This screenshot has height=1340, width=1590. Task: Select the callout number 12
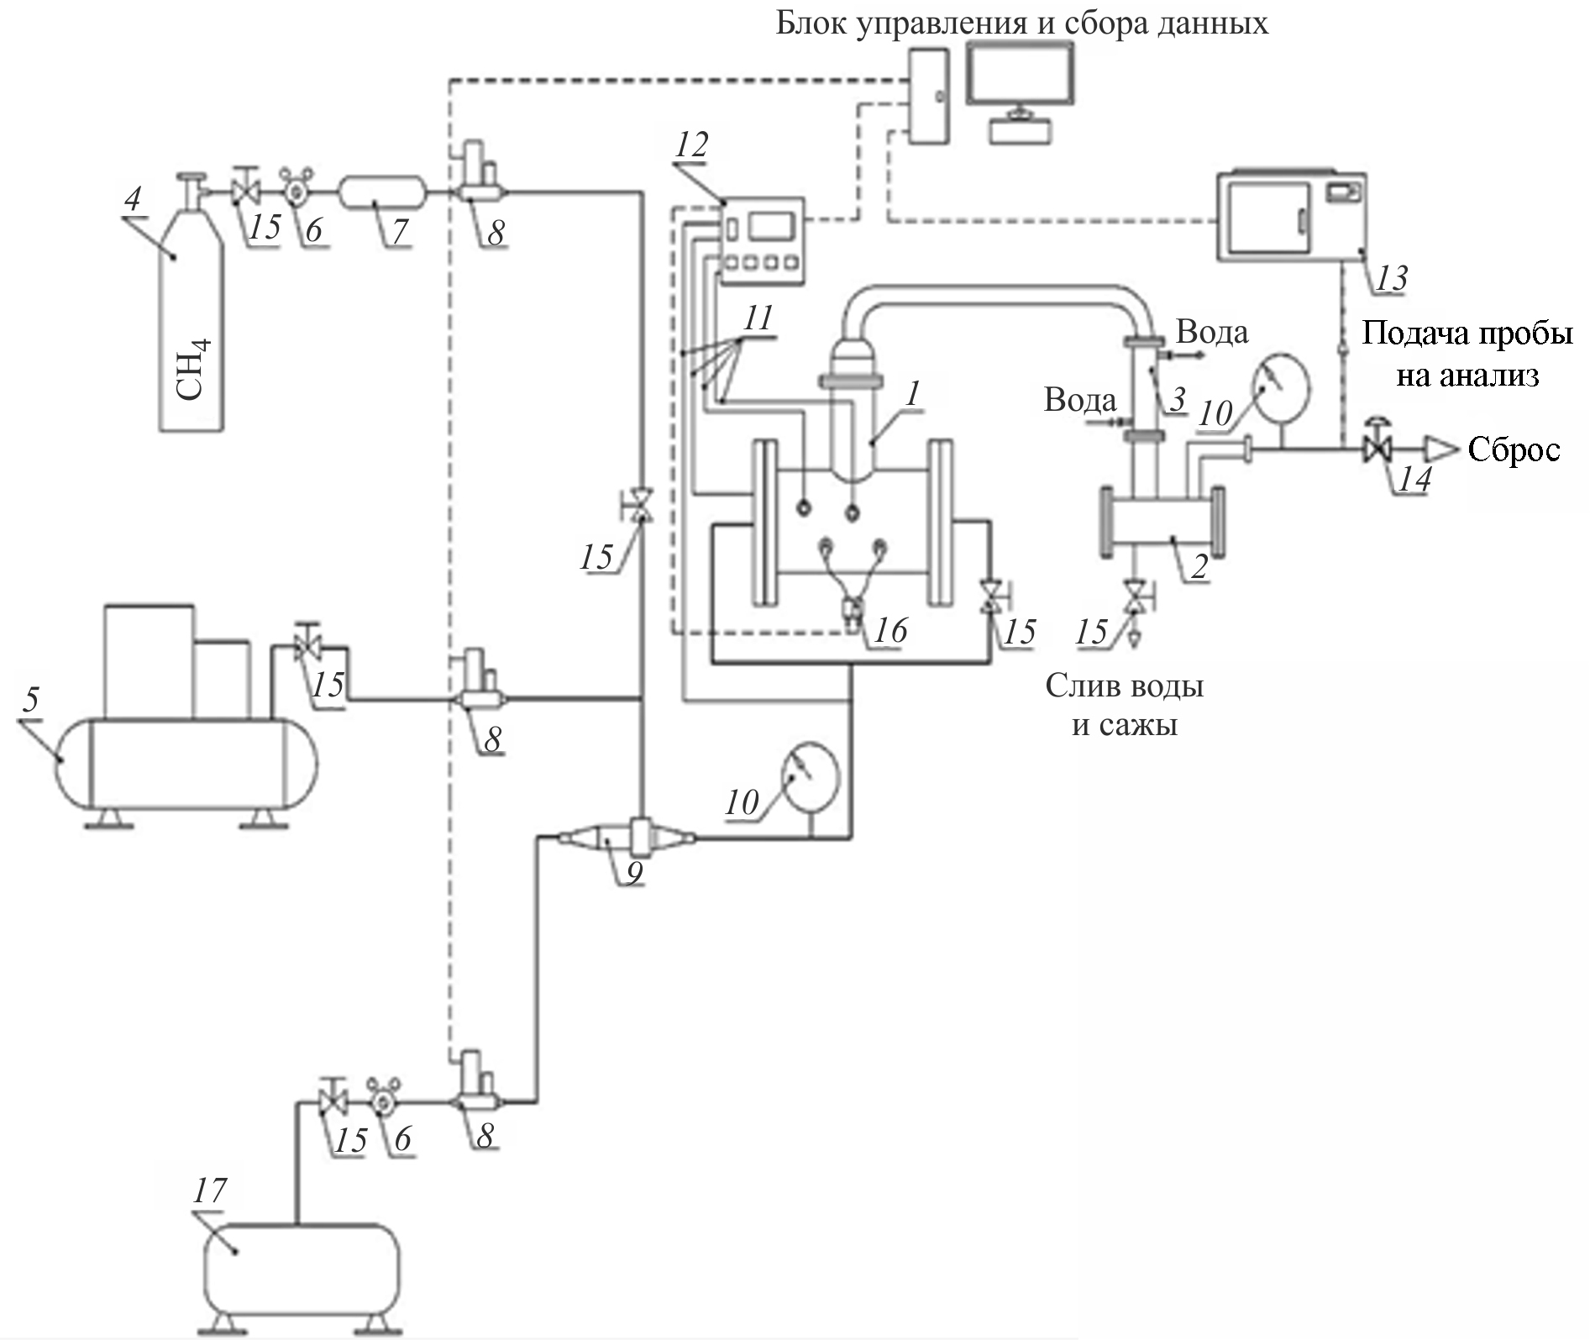(x=692, y=145)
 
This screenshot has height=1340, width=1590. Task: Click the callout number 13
(x=1392, y=278)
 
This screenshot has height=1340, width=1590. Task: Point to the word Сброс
(x=1514, y=450)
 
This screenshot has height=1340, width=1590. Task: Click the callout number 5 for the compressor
(x=31, y=699)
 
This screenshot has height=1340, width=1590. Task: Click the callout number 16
(x=890, y=630)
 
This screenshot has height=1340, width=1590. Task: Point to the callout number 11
(x=758, y=319)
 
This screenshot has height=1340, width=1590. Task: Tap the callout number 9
(x=634, y=873)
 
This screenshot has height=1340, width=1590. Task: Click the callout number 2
(x=1199, y=567)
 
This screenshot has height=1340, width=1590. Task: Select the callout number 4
(x=133, y=200)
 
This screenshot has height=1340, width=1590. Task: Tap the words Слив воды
(x=1124, y=686)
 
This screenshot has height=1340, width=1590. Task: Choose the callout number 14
(x=1414, y=480)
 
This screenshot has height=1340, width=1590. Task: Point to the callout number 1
(x=913, y=392)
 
